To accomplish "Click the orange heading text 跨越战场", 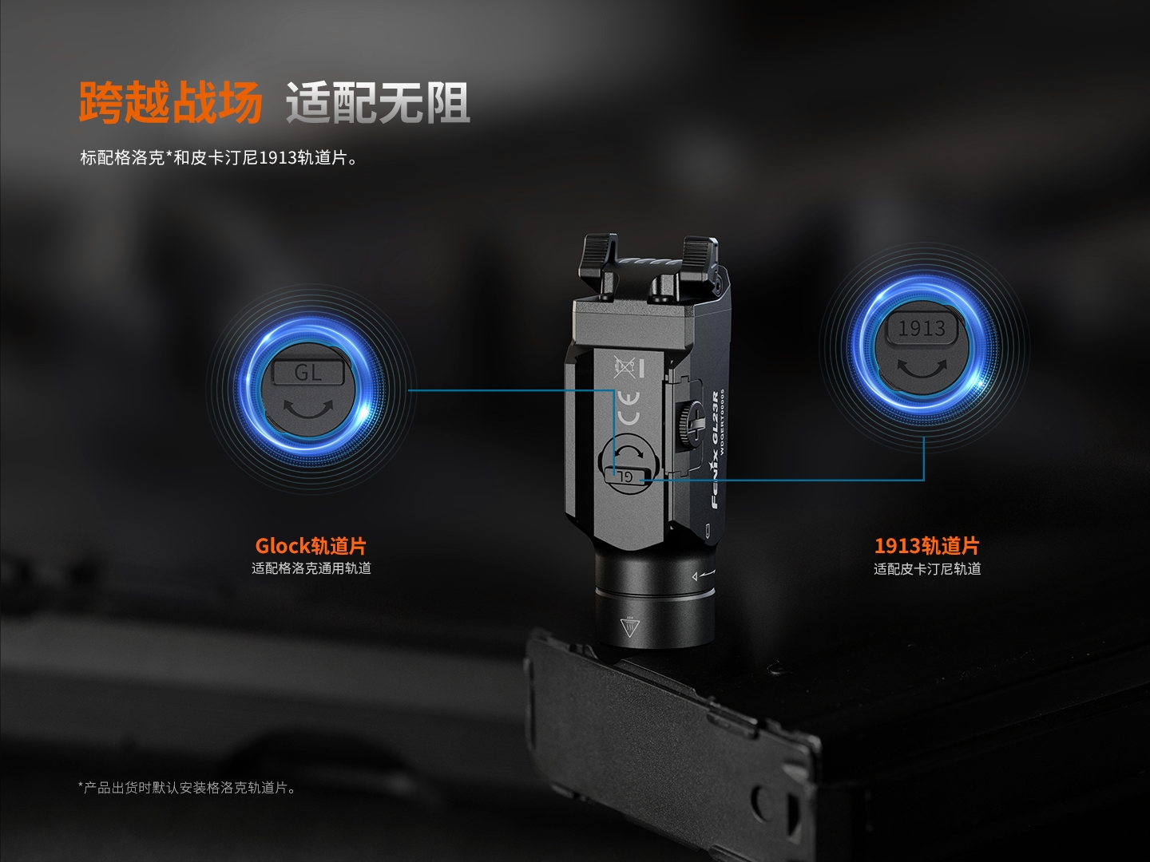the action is (x=170, y=102).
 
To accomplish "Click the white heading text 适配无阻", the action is (x=377, y=102).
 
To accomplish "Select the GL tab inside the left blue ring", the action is (x=308, y=372).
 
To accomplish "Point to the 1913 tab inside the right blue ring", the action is (x=922, y=329).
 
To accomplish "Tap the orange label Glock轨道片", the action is (x=311, y=546).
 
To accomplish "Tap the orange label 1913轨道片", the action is (x=926, y=546).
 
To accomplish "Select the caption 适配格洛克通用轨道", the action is (x=311, y=568).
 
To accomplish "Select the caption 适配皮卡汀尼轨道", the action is (x=927, y=568).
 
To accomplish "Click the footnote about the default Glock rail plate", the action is (x=187, y=787).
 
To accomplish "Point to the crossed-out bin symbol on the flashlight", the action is (x=625, y=367).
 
